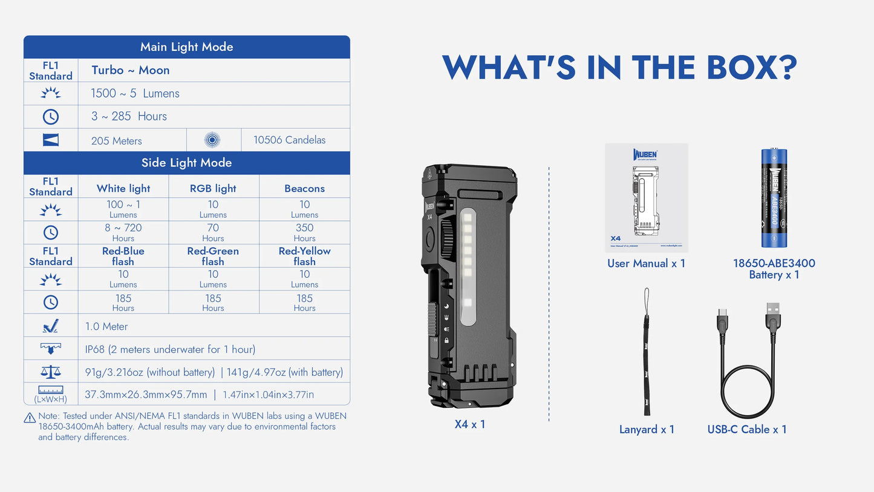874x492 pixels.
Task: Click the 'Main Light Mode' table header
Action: click(186, 47)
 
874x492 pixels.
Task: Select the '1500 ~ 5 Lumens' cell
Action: click(135, 94)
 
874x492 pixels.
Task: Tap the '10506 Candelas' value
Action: click(289, 140)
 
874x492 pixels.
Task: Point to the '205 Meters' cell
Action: click(117, 141)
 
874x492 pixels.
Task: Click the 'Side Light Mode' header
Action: click(186, 163)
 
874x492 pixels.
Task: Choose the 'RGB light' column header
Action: click(213, 188)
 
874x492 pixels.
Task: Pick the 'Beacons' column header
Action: click(304, 188)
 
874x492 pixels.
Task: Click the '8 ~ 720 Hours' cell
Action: click(123, 232)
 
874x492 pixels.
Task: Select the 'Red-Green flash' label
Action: click(213, 256)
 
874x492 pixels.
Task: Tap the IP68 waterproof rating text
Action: click(170, 350)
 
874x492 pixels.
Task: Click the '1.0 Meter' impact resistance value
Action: click(106, 327)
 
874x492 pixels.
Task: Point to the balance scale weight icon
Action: click(51, 372)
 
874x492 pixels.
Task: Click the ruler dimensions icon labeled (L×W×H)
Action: click(51, 394)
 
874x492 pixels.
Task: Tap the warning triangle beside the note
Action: click(30, 418)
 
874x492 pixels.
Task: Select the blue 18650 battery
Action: click(774, 198)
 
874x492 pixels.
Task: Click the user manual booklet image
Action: click(646, 197)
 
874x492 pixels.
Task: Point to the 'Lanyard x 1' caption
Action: click(647, 430)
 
